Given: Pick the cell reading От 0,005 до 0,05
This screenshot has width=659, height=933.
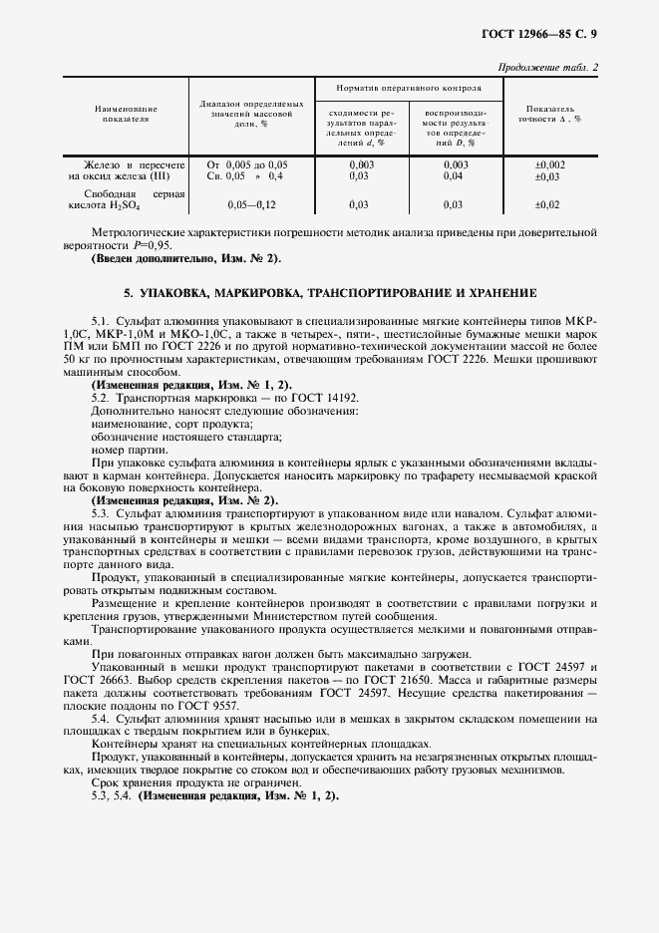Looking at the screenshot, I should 246,163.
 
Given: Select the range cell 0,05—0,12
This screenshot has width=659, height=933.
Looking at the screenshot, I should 250,204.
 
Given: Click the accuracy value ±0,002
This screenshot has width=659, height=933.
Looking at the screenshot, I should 549,163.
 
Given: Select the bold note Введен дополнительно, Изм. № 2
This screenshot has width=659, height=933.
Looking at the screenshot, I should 186,258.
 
